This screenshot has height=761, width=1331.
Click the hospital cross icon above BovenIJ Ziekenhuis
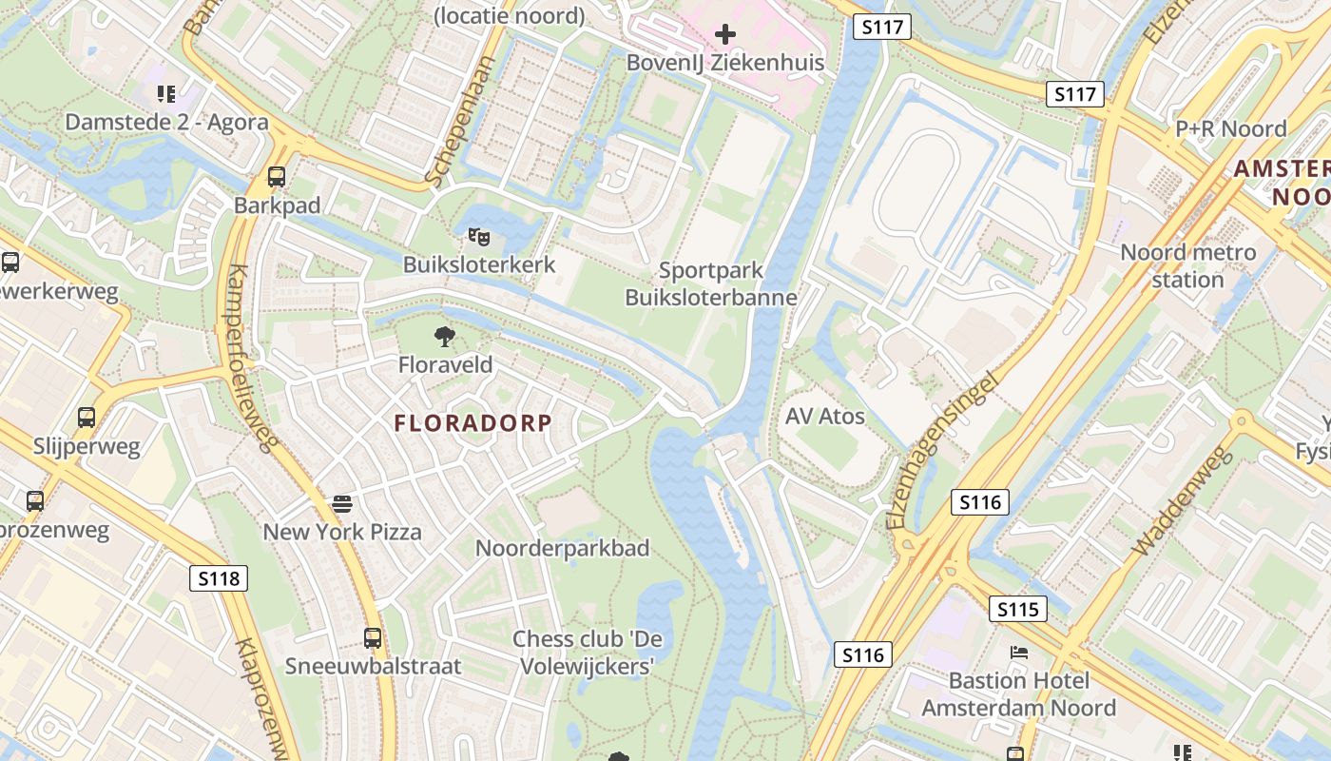pyautogui.click(x=725, y=35)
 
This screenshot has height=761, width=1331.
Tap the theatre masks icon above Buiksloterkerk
pyautogui.click(x=478, y=236)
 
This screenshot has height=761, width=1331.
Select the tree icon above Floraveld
pyautogui.click(x=444, y=336)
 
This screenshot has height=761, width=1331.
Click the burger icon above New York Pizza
pyautogui.click(x=342, y=503)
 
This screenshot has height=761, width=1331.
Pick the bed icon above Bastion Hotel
pyautogui.click(x=1018, y=653)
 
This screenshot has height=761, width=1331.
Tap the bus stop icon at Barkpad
pyautogui.click(x=277, y=177)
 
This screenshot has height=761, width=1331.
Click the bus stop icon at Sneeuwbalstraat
pyautogui.click(x=373, y=638)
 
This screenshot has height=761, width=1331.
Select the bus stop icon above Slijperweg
pyautogui.click(x=87, y=418)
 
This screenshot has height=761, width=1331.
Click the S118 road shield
pyautogui.click(x=219, y=577)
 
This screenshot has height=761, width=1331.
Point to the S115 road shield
pyautogui.click(x=1018, y=609)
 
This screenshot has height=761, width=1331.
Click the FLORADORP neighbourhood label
pyautogui.click(x=473, y=423)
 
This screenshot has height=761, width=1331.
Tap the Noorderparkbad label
pyautogui.click(x=562, y=549)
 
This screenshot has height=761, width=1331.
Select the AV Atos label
pyautogui.click(x=825, y=417)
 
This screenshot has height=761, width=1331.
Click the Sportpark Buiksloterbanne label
pyautogui.click(x=711, y=284)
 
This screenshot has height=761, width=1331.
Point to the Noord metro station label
pyautogui.click(x=1187, y=266)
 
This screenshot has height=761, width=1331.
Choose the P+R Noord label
pyautogui.click(x=1230, y=128)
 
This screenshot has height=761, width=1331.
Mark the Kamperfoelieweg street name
pyautogui.click(x=252, y=357)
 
